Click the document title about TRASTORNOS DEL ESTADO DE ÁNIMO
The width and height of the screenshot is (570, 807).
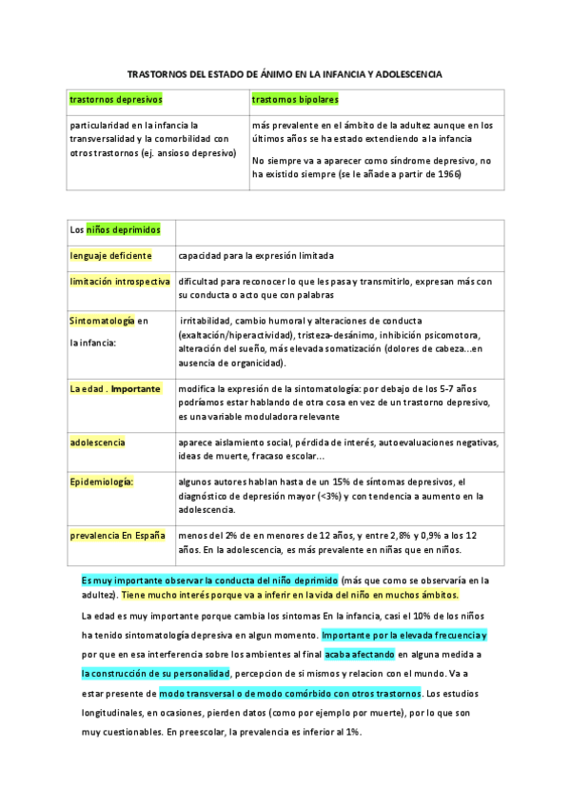click(x=285, y=73)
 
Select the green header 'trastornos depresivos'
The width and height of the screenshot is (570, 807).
click(x=115, y=99)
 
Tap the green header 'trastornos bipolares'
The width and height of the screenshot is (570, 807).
click(x=295, y=99)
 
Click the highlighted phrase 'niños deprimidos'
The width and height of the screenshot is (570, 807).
click(x=124, y=229)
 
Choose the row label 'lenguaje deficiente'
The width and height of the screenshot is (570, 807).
click(x=110, y=255)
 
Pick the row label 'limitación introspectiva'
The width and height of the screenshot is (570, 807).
click(x=120, y=282)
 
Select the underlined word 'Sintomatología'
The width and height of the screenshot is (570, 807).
click(x=102, y=321)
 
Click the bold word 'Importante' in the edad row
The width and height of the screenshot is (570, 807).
click(x=135, y=388)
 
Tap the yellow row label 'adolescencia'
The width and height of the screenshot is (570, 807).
click(x=97, y=443)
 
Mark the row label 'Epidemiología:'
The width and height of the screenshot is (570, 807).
click(x=102, y=482)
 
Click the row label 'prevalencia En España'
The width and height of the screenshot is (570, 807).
click(x=117, y=535)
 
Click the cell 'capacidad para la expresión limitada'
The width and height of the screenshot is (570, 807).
click(x=255, y=255)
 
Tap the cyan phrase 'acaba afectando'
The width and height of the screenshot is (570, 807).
click(x=359, y=655)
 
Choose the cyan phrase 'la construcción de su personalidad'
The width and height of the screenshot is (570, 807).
click(x=156, y=673)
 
